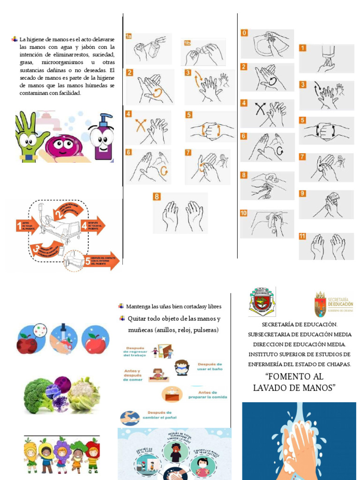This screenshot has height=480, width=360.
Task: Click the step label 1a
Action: coord(128,36)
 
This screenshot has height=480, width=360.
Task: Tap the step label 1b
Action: coord(187,43)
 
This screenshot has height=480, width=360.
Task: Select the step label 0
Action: coord(244,33)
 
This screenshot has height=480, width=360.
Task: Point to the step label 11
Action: coord(303,236)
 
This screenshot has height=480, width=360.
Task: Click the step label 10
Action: coord(244,213)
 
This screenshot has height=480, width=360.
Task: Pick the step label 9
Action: coord(303,193)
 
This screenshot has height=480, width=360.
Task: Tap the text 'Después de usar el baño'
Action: coord(210,367)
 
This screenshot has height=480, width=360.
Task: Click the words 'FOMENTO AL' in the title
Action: coord(294,376)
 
